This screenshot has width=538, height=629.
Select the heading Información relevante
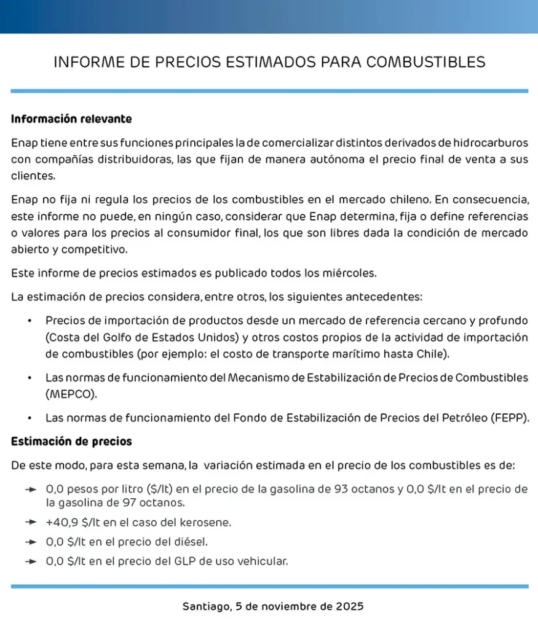tap(71, 119)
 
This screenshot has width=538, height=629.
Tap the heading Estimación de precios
tap(71, 442)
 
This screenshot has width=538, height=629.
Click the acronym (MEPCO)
tap(71, 394)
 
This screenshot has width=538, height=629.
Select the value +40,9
tap(62, 523)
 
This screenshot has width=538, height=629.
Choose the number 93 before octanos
tap(346, 490)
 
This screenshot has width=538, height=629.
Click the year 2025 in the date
tap(350, 606)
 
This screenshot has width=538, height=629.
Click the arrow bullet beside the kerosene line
tap(31, 523)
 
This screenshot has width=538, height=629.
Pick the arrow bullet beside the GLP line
tap(31, 561)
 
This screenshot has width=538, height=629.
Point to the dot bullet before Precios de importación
tap(30, 321)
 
